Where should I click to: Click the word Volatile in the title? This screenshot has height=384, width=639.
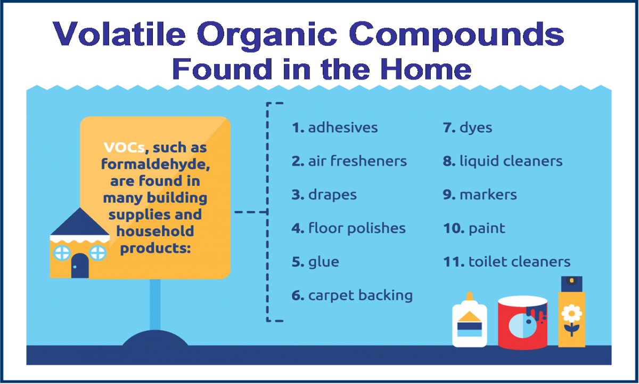[x=119, y=34]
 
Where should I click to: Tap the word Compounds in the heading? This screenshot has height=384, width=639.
[x=456, y=36]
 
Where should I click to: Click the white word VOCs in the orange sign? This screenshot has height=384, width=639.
[x=124, y=147]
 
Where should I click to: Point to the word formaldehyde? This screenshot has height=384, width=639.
[x=155, y=165]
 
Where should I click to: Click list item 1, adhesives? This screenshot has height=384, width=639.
[x=334, y=127]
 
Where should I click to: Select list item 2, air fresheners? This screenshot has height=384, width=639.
[x=349, y=161]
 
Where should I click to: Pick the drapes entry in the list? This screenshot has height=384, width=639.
[x=324, y=195]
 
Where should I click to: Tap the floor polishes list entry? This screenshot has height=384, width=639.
[x=348, y=228]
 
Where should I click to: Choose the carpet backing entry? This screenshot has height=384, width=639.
[x=352, y=295]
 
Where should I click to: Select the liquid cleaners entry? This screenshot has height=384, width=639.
[x=503, y=161]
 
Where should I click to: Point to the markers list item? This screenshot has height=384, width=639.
[x=480, y=195]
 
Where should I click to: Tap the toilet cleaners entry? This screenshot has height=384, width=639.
[x=506, y=261]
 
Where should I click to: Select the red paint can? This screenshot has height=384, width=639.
[x=522, y=323]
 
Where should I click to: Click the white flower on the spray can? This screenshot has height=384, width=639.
[x=571, y=314]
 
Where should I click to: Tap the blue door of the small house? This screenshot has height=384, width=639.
[x=80, y=266]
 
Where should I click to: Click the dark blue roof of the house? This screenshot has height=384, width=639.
[x=80, y=222]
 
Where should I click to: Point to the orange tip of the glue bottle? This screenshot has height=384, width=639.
[x=470, y=297]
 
